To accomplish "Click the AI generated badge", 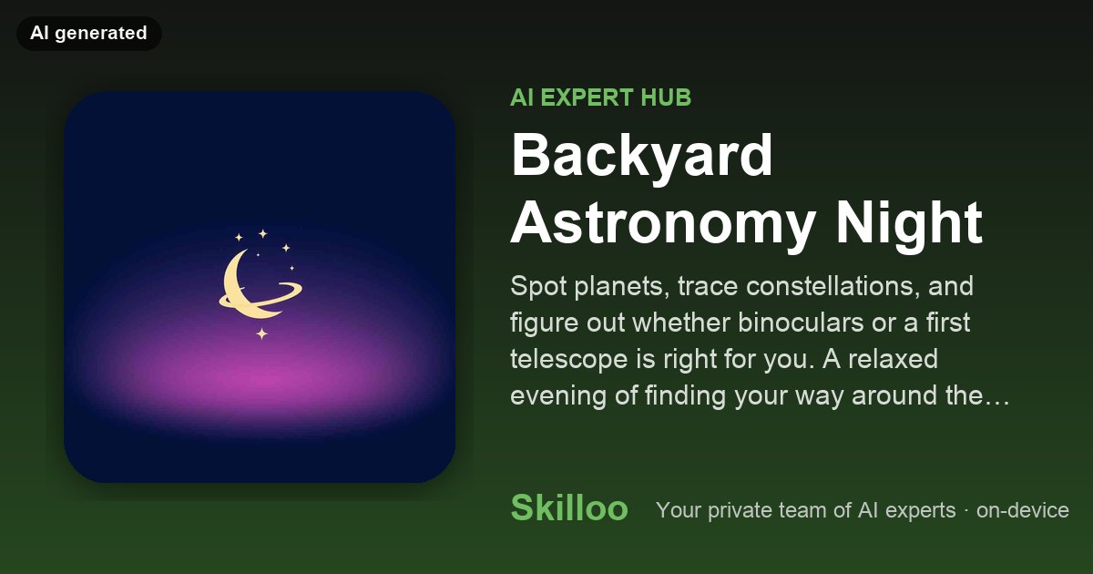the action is (89, 33).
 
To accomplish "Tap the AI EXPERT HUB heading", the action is (600, 97).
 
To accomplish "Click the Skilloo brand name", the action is (569, 507).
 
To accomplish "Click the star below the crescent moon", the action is (262, 333).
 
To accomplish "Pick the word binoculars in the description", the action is (801, 323).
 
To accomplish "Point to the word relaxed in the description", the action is (893, 359).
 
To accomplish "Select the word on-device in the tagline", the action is (1022, 510).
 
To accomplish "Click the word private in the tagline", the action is (740, 511).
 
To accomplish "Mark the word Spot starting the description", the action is (538, 287).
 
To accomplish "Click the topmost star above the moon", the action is (262, 234).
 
